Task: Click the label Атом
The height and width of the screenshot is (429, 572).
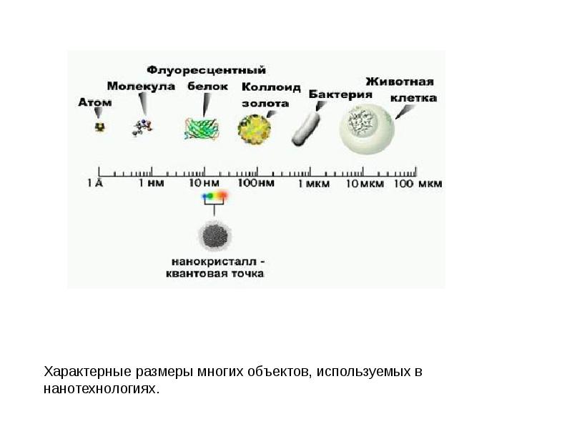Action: point(94,102)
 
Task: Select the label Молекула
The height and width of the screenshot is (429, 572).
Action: point(142,86)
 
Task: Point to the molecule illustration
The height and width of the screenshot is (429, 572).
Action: point(142,127)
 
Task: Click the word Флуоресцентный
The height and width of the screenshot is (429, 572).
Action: point(207,70)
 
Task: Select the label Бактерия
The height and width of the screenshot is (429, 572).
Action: point(340,94)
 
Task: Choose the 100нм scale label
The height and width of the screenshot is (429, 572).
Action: point(256,184)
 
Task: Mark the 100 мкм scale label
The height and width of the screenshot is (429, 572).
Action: point(418,184)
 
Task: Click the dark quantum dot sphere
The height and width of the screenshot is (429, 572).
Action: point(214,234)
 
